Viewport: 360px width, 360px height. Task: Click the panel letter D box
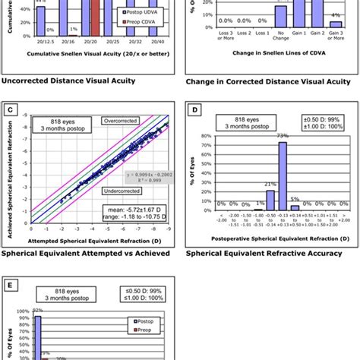click(x=197, y=111)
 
